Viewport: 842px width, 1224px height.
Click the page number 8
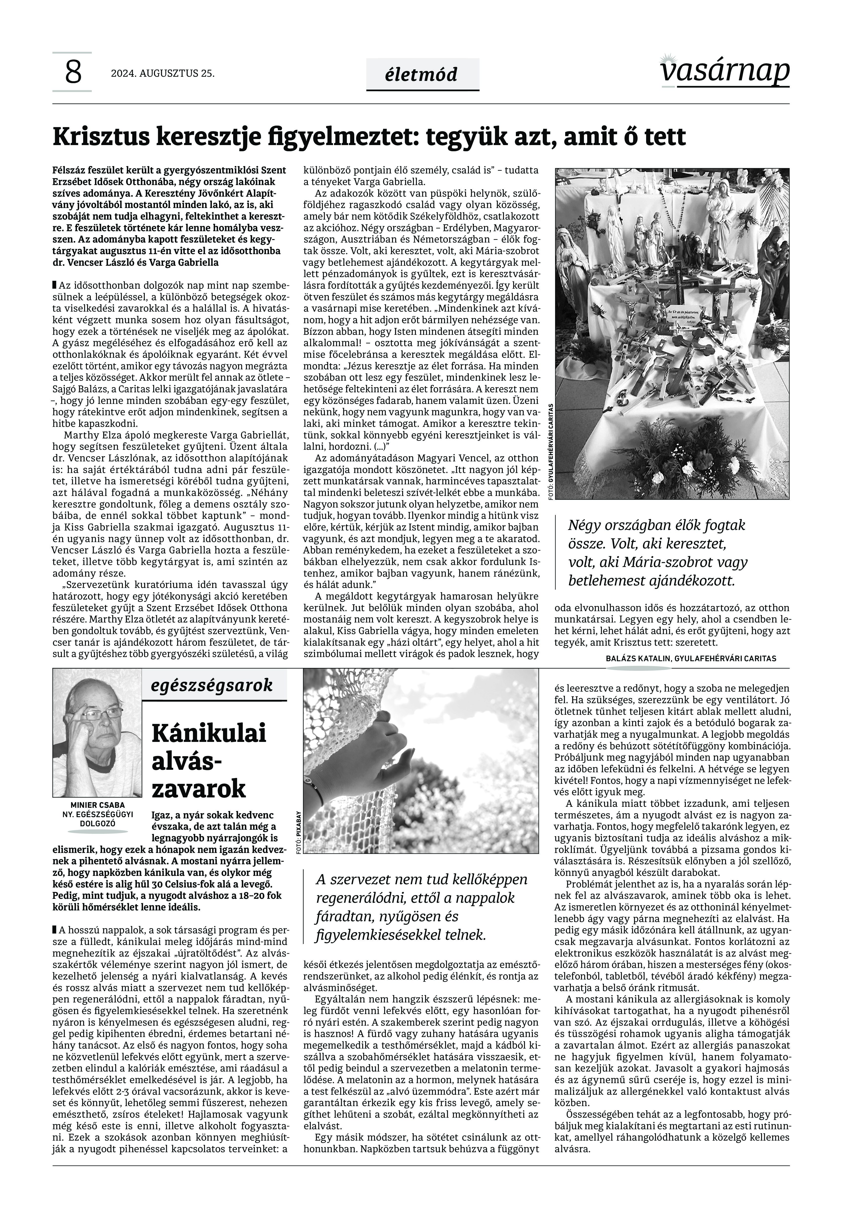point(73,72)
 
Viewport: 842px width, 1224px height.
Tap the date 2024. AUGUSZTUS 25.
point(163,73)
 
